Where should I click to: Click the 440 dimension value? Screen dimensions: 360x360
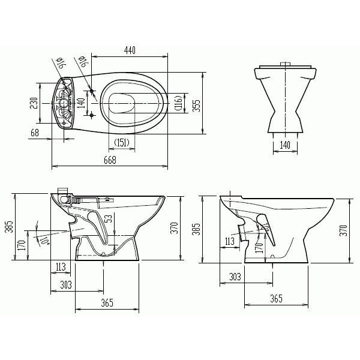click(130, 50)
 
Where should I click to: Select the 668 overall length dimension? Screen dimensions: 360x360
click(110, 160)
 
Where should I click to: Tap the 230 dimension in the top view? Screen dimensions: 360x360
click(34, 103)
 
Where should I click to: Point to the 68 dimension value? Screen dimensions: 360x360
click(35, 133)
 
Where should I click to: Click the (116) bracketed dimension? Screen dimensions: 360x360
click(179, 103)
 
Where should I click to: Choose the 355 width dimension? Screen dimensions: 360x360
click(196, 106)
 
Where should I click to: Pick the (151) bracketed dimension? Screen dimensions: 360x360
click(122, 143)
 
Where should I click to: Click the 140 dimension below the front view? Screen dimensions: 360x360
click(285, 145)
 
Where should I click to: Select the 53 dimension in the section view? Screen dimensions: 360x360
click(109, 218)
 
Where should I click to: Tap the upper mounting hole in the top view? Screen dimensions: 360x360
click(92, 91)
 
